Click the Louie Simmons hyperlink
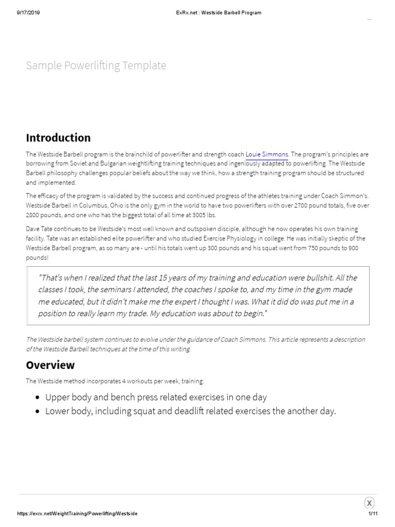(267, 154)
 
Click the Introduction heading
(58, 137)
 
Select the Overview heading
(50, 365)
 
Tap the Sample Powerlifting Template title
(96, 65)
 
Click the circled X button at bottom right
(369, 503)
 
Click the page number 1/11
(373, 514)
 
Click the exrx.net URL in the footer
(77, 514)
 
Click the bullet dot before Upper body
(38, 398)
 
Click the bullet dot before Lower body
(38, 412)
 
